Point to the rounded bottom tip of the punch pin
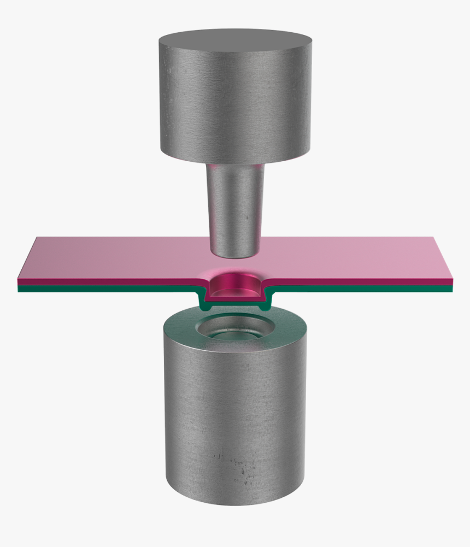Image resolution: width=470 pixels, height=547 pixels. coord(234,252)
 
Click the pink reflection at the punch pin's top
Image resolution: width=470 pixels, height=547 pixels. coord(235,167)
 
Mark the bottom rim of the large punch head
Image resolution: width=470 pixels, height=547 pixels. coord(235,163)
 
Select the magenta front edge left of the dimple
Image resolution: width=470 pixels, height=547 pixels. coord(109,282)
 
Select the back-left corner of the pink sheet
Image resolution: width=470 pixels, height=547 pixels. coord(37,238)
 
